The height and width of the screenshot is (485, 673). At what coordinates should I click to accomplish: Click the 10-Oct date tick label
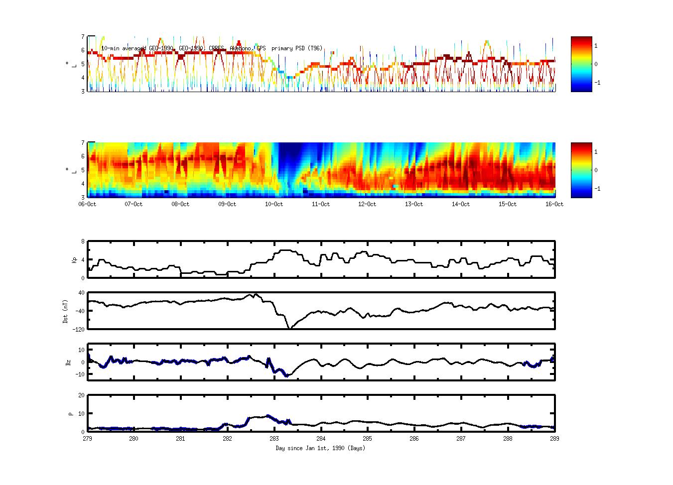pos(274,204)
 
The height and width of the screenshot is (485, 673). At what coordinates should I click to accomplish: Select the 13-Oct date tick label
pos(414,204)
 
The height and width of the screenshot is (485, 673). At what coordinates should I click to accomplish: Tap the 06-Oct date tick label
pos(88,204)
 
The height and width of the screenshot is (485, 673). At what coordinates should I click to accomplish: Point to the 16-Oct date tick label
pos(554,204)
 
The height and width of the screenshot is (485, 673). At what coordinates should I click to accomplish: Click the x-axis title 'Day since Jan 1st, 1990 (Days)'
pos(320,448)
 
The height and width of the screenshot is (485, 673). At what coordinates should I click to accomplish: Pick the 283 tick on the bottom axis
pos(274,439)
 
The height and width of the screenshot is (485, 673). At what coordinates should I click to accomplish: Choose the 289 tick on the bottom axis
pos(554,439)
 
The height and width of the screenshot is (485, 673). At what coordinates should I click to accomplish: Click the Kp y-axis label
pos(74,260)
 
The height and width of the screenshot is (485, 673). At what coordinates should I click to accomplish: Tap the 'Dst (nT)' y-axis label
pos(65,311)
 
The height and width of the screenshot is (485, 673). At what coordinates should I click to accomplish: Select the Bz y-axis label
pos(68,362)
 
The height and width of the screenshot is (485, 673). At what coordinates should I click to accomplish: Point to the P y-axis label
pos(71,413)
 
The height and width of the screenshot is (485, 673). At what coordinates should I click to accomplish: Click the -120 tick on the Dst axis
pos(78,329)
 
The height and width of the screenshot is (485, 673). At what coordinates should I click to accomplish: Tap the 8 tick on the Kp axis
pos(83,242)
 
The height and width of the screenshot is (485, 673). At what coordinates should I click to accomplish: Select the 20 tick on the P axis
pos(81,395)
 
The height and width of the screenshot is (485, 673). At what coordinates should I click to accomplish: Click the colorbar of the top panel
pos(581,64)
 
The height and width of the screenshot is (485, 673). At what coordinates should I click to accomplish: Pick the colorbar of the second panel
pos(581,170)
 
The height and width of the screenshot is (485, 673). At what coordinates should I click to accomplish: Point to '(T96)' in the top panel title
pos(315,48)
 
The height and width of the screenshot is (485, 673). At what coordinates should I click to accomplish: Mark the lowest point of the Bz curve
pos(286,376)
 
